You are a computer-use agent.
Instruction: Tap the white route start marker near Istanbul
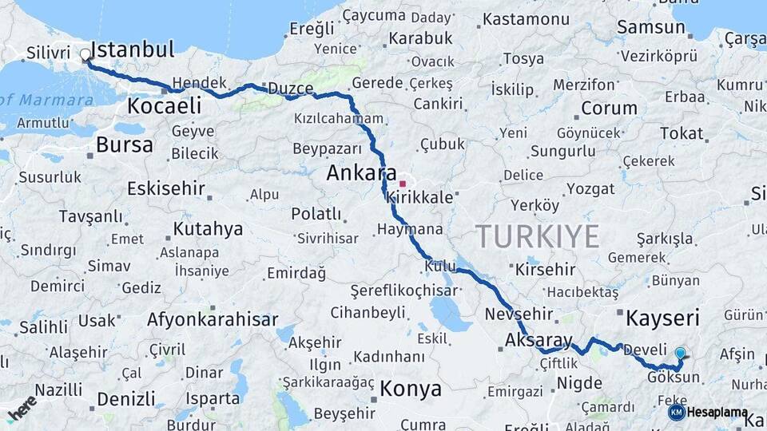pos(85,55)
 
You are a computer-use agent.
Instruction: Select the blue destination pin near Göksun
pos(680,354)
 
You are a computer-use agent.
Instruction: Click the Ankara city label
pos(362,173)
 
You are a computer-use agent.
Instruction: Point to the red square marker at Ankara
pos(402,184)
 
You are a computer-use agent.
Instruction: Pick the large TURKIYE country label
pos(537,236)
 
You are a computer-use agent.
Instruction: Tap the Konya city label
pos(410,389)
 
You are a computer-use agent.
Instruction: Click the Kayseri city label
pos(662,318)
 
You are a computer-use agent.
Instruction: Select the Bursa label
pos(124,145)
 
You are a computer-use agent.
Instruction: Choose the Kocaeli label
pos(164,105)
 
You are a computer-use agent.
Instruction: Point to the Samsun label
pos(651,27)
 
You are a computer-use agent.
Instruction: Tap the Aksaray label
pos(538,341)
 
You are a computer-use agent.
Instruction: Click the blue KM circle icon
pos(676,412)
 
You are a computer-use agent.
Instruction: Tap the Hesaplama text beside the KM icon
pos(717,413)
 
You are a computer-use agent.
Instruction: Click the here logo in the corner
pos(22,407)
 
